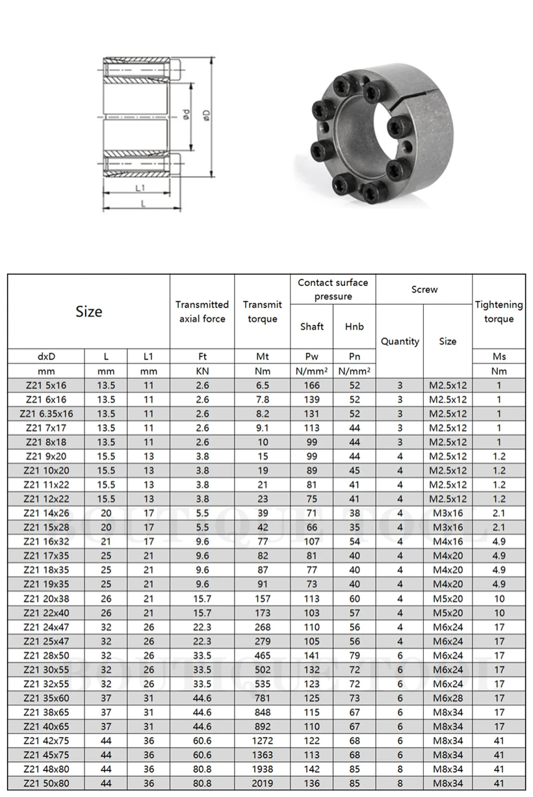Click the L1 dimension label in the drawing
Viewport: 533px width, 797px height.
click(139, 187)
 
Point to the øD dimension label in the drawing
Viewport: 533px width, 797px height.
click(207, 116)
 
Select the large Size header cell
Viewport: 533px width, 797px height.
click(89, 311)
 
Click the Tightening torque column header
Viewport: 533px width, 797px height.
click(499, 311)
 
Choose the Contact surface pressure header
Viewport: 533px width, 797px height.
click(333, 289)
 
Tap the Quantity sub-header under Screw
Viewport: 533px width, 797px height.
click(400, 341)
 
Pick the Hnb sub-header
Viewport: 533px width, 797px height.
click(354, 326)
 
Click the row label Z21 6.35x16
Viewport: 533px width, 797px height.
click(46, 413)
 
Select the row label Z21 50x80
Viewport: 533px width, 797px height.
click(46, 783)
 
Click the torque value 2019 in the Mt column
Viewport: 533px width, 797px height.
click(262, 783)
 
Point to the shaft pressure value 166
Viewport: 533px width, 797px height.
click(312, 385)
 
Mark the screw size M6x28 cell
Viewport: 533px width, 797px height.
click(448, 698)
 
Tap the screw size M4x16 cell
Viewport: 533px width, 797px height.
click(448, 542)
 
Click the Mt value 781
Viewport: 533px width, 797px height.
click(262, 698)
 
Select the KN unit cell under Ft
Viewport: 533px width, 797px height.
click(202, 371)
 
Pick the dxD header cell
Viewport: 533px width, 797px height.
click(46, 356)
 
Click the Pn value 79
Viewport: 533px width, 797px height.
click(354, 655)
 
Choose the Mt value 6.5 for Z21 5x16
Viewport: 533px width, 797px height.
click(262, 385)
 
